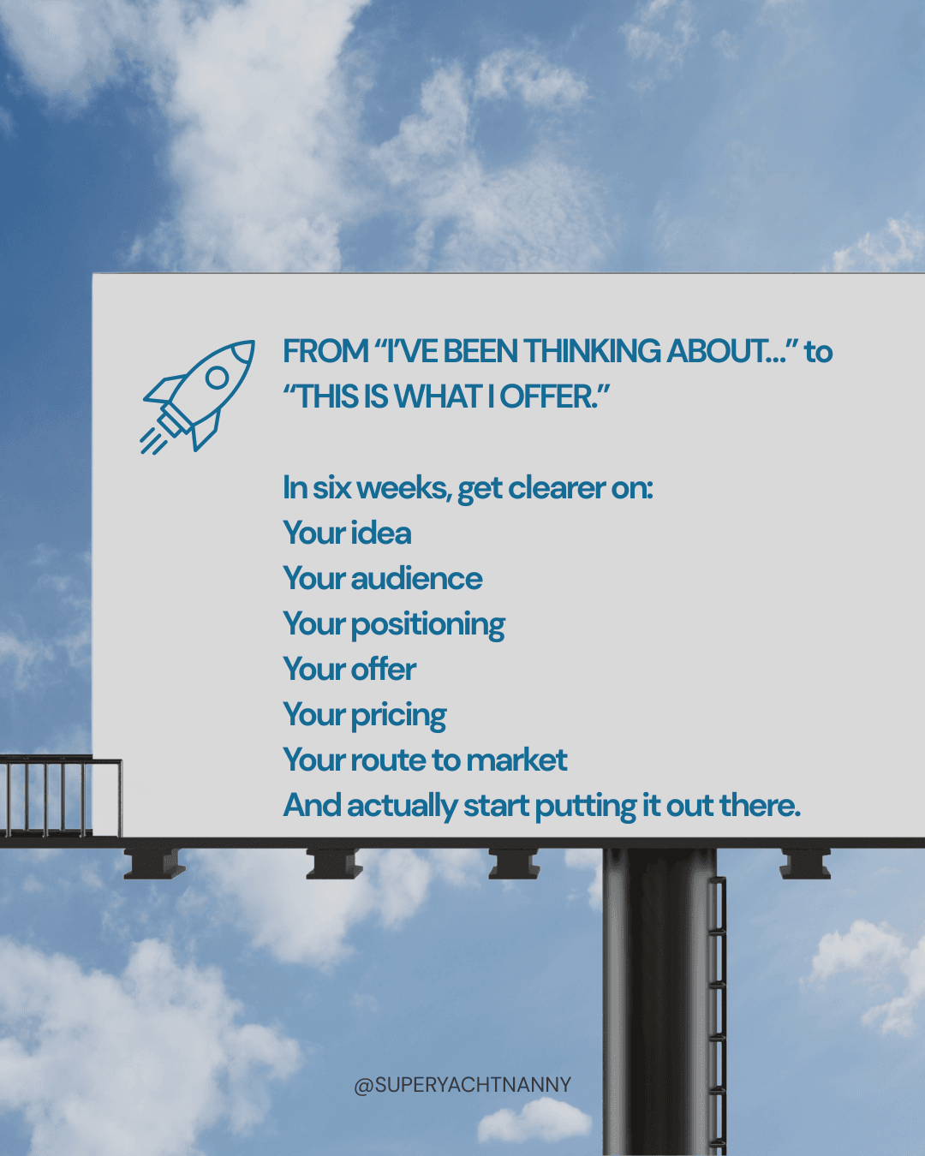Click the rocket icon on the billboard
197,396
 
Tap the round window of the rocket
218,378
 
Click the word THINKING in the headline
592,351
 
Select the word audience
416,579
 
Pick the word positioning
428,625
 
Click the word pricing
398,716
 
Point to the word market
516,760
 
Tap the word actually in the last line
402,807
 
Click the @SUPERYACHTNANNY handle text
462,1085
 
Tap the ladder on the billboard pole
717,1016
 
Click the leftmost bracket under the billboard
154,864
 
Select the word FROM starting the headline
325,351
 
